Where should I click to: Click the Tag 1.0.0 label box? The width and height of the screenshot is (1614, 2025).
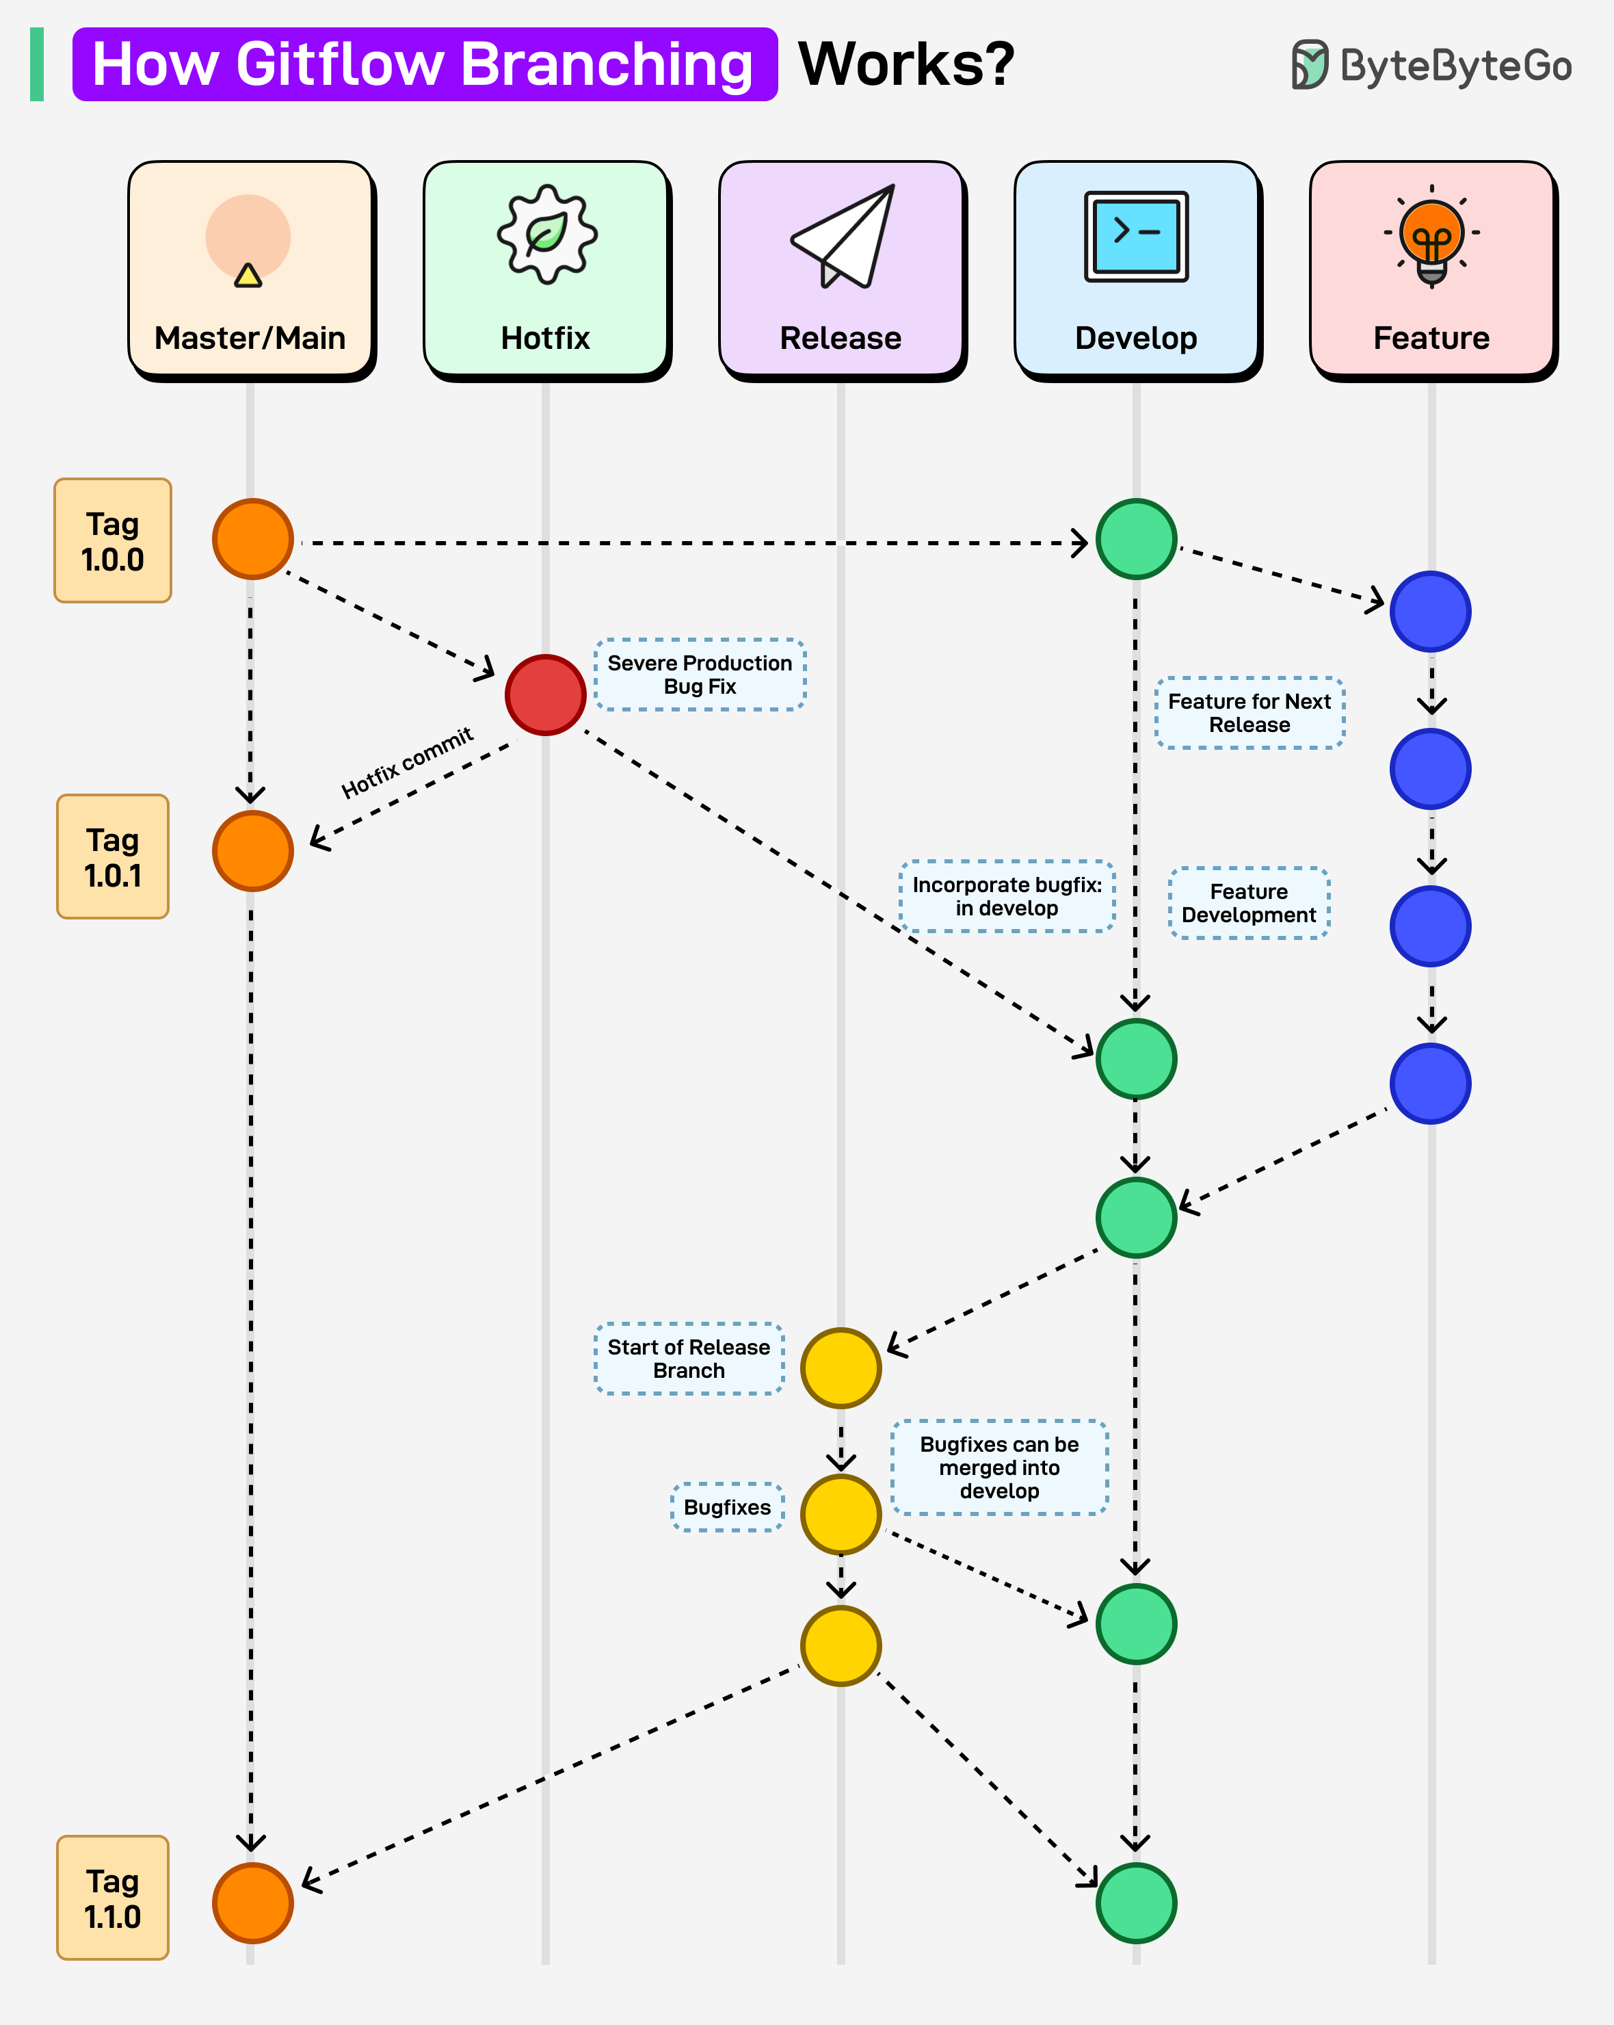(x=113, y=541)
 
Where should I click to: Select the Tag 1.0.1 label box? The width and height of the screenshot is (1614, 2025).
(x=113, y=857)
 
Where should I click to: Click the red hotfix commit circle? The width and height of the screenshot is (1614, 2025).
(x=546, y=695)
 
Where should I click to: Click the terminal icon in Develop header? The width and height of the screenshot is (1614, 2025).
(x=1136, y=237)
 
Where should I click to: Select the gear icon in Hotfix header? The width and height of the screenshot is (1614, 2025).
(x=546, y=235)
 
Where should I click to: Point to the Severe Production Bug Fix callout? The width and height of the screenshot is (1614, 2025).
(x=700, y=675)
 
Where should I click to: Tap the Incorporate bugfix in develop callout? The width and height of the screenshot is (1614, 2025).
(x=1007, y=896)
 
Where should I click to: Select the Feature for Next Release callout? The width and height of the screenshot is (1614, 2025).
(x=1249, y=713)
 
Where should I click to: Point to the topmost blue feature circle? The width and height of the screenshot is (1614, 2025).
(x=1430, y=612)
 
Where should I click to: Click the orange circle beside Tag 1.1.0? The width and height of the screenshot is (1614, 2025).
(x=252, y=1903)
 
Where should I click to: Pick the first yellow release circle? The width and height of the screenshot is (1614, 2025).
(x=841, y=1368)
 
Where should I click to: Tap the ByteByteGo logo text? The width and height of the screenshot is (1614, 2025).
(x=1455, y=66)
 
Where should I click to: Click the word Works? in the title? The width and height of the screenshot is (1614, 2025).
(x=906, y=64)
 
